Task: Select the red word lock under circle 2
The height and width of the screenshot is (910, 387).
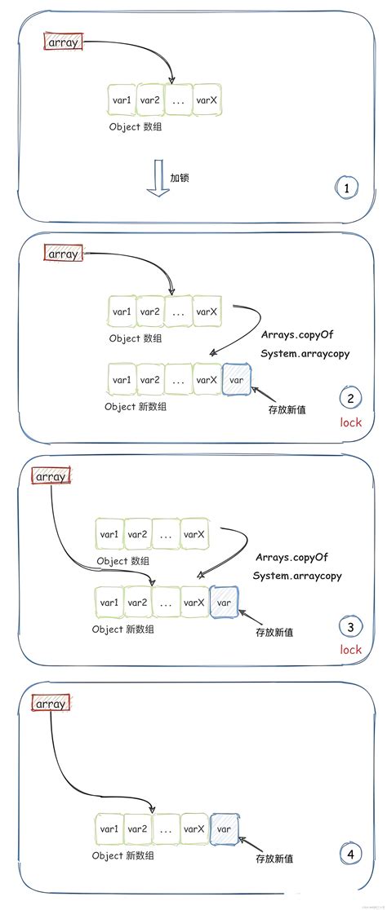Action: [x=350, y=422]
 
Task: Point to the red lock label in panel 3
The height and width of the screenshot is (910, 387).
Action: [x=350, y=649]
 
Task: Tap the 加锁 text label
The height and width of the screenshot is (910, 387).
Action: [x=180, y=177]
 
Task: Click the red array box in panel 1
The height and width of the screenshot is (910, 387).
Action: [x=64, y=42]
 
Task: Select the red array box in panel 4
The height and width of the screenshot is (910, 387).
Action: [x=51, y=703]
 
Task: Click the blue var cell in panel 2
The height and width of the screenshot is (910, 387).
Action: [x=237, y=379]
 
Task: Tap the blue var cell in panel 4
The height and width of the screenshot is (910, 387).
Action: [x=224, y=828]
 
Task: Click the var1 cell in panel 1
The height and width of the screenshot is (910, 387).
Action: [x=122, y=100]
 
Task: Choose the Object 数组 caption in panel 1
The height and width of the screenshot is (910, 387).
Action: [x=135, y=127]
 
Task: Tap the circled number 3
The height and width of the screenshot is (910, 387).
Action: [x=350, y=627]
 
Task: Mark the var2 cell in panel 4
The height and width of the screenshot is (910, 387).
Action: [x=137, y=828]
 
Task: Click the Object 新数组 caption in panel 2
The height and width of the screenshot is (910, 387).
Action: [x=136, y=406]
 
